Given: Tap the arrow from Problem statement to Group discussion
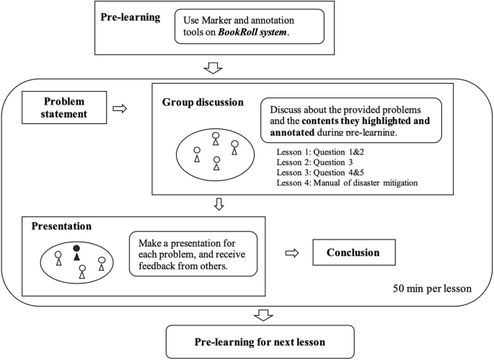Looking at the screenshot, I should (x=120, y=108).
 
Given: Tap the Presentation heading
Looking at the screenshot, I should (x=61, y=226).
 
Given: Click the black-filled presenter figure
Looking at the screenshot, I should (x=76, y=252).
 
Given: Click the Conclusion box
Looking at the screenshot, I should (x=355, y=253).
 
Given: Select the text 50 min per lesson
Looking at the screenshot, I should (x=432, y=288).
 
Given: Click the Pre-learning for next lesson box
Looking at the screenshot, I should (x=260, y=341).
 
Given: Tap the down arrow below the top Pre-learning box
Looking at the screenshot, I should (x=215, y=69).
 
